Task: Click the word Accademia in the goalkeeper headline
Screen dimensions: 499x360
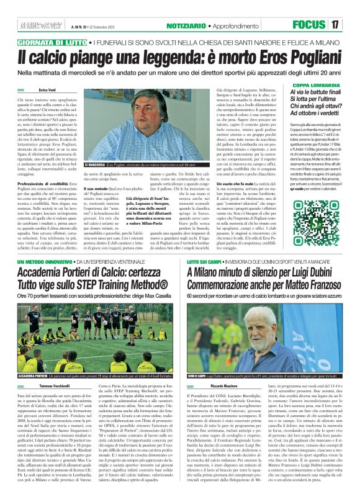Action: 47,274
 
